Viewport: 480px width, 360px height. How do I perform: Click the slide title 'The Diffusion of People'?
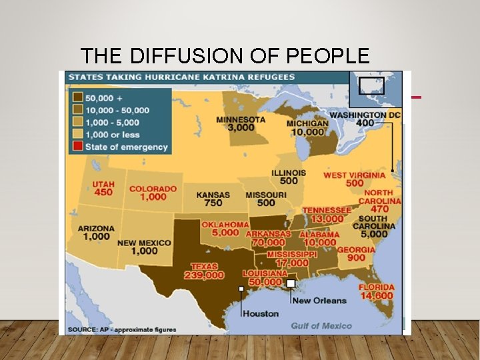[x=224, y=55]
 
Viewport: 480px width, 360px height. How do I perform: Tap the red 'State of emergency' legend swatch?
[x=77, y=147]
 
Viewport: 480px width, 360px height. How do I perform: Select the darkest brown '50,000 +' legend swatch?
[x=77, y=98]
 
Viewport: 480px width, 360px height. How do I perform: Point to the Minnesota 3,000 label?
[x=241, y=123]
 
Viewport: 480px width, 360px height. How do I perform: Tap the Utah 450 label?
[x=103, y=188]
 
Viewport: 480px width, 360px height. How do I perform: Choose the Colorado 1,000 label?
[x=153, y=193]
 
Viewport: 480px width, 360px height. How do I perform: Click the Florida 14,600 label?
[x=377, y=291]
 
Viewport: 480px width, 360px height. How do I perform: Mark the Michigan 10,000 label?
[x=307, y=128]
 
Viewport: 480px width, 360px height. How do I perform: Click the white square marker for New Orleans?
[x=291, y=283]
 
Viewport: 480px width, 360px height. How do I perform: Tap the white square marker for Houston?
[x=241, y=289]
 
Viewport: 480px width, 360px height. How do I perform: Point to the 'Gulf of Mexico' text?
[x=321, y=325]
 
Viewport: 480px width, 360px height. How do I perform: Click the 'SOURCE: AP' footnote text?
[x=117, y=330]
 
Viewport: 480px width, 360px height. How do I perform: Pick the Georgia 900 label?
[x=355, y=253]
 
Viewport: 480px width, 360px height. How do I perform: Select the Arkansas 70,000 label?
[x=268, y=239]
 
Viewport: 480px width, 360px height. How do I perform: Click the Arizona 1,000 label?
[x=96, y=232]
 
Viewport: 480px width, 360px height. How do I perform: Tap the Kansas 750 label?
[x=213, y=199]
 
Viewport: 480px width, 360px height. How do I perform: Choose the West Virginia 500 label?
[x=354, y=179]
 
